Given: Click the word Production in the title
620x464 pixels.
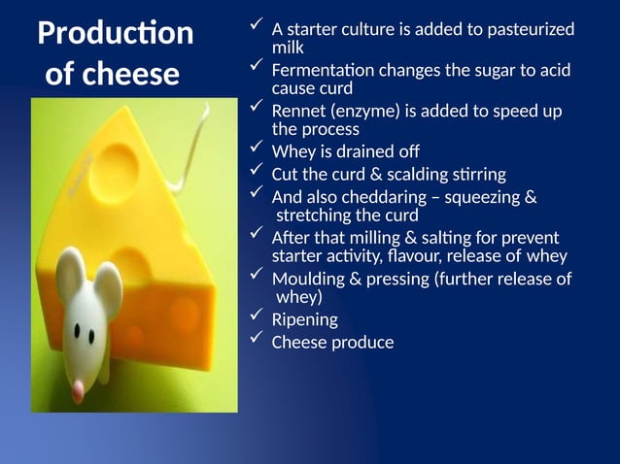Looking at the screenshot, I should coord(115,34).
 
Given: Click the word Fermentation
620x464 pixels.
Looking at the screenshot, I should coord(327,71).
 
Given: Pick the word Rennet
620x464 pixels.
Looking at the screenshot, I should coord(298,111).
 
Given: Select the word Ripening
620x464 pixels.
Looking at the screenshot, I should coord(305,319).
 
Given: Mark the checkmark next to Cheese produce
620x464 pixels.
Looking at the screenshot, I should coord(257,339).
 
